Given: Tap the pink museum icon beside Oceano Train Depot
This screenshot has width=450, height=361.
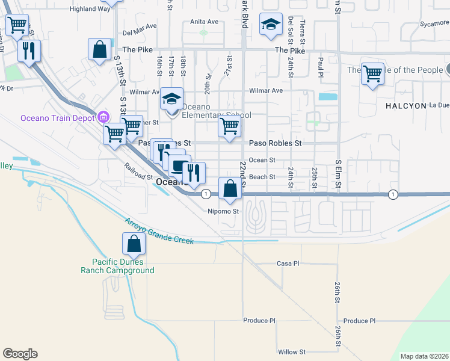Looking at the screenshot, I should (103, 116).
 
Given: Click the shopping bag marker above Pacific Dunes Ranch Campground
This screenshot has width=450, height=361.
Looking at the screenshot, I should (133, 244).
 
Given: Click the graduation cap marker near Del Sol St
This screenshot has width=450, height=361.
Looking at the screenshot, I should (271, 25).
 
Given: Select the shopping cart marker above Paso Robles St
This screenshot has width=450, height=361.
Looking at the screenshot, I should (229, 126).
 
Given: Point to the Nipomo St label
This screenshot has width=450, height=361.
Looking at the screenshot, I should (223, 211).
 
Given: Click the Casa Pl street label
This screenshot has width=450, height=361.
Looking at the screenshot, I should (288, 264).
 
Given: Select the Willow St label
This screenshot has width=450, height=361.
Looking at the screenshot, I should (292, 351).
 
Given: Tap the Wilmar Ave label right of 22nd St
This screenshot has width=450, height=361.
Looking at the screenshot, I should (267, 91).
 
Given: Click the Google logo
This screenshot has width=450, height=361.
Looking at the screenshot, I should (20, 354).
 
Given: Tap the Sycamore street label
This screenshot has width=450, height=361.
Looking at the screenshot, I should (434, 24).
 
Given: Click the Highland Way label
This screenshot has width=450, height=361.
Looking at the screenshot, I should (90, 9).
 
